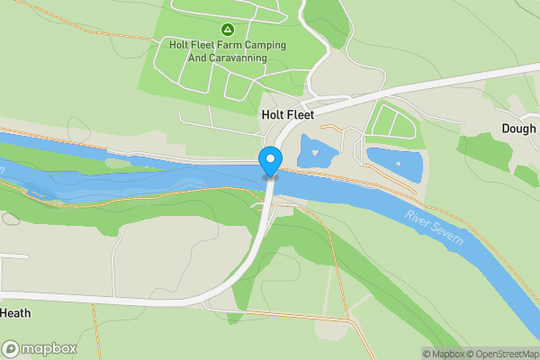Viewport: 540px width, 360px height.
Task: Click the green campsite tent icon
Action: [228, 29]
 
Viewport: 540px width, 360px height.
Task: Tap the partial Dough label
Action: [518, 129]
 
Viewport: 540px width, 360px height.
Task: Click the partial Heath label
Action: [16, 313]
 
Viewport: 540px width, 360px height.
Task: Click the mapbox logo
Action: [40, 348]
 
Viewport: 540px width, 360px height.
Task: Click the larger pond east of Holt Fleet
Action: [394, 163]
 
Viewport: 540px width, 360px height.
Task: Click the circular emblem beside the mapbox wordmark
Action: [12, 348]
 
